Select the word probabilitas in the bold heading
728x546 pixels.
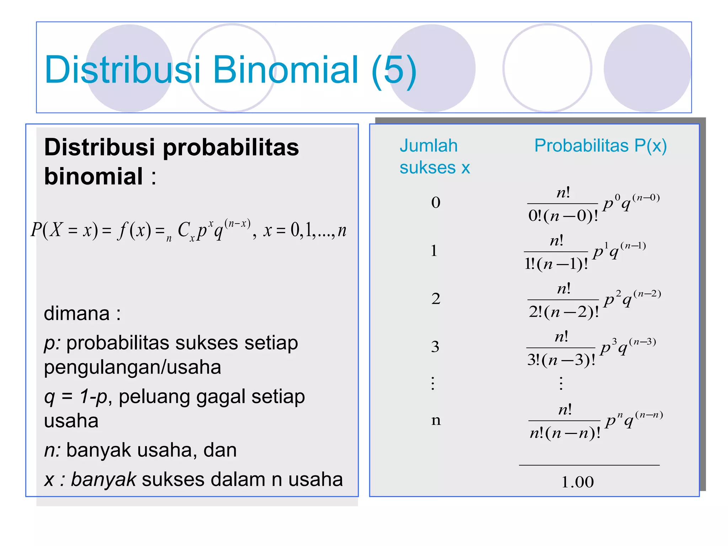[x=231, y=147]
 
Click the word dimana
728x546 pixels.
[x=77, y=314]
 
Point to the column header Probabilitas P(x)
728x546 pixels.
[x=600, y=145]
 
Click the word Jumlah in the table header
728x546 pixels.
[x=428, y=146]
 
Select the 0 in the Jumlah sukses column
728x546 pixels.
[x=436, y=203]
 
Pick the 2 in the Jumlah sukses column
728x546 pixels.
[x=436, y=299]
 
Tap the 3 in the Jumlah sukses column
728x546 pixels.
[x=435, y=347]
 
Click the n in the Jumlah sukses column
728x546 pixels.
[x=436, y=420]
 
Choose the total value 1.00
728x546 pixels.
[x=578, y=482]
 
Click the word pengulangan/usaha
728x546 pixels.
[x=132, y=367]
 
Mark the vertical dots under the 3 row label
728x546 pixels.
[x=433, y=383]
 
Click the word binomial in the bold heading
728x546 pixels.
[x=93, y=176]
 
